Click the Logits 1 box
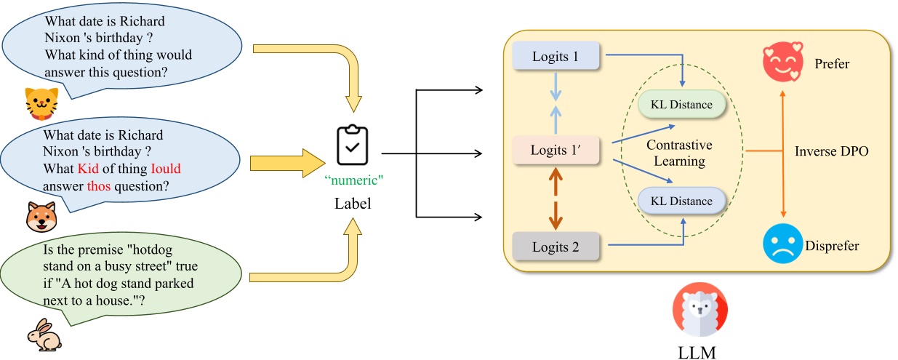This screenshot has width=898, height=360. click(556, 56)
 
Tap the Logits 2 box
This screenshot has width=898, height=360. click(556, 247)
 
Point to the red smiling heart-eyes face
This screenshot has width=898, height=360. click(782, 63)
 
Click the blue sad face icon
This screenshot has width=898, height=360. click(782, 244)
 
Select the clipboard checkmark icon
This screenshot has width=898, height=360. click(352, 145)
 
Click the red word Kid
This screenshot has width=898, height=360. click(90, 169)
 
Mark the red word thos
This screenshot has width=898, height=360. click(100, 185)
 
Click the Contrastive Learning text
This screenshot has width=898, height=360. click(679, 153)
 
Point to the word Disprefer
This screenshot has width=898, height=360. click(832, 246)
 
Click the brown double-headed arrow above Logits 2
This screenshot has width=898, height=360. click(556, 198)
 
